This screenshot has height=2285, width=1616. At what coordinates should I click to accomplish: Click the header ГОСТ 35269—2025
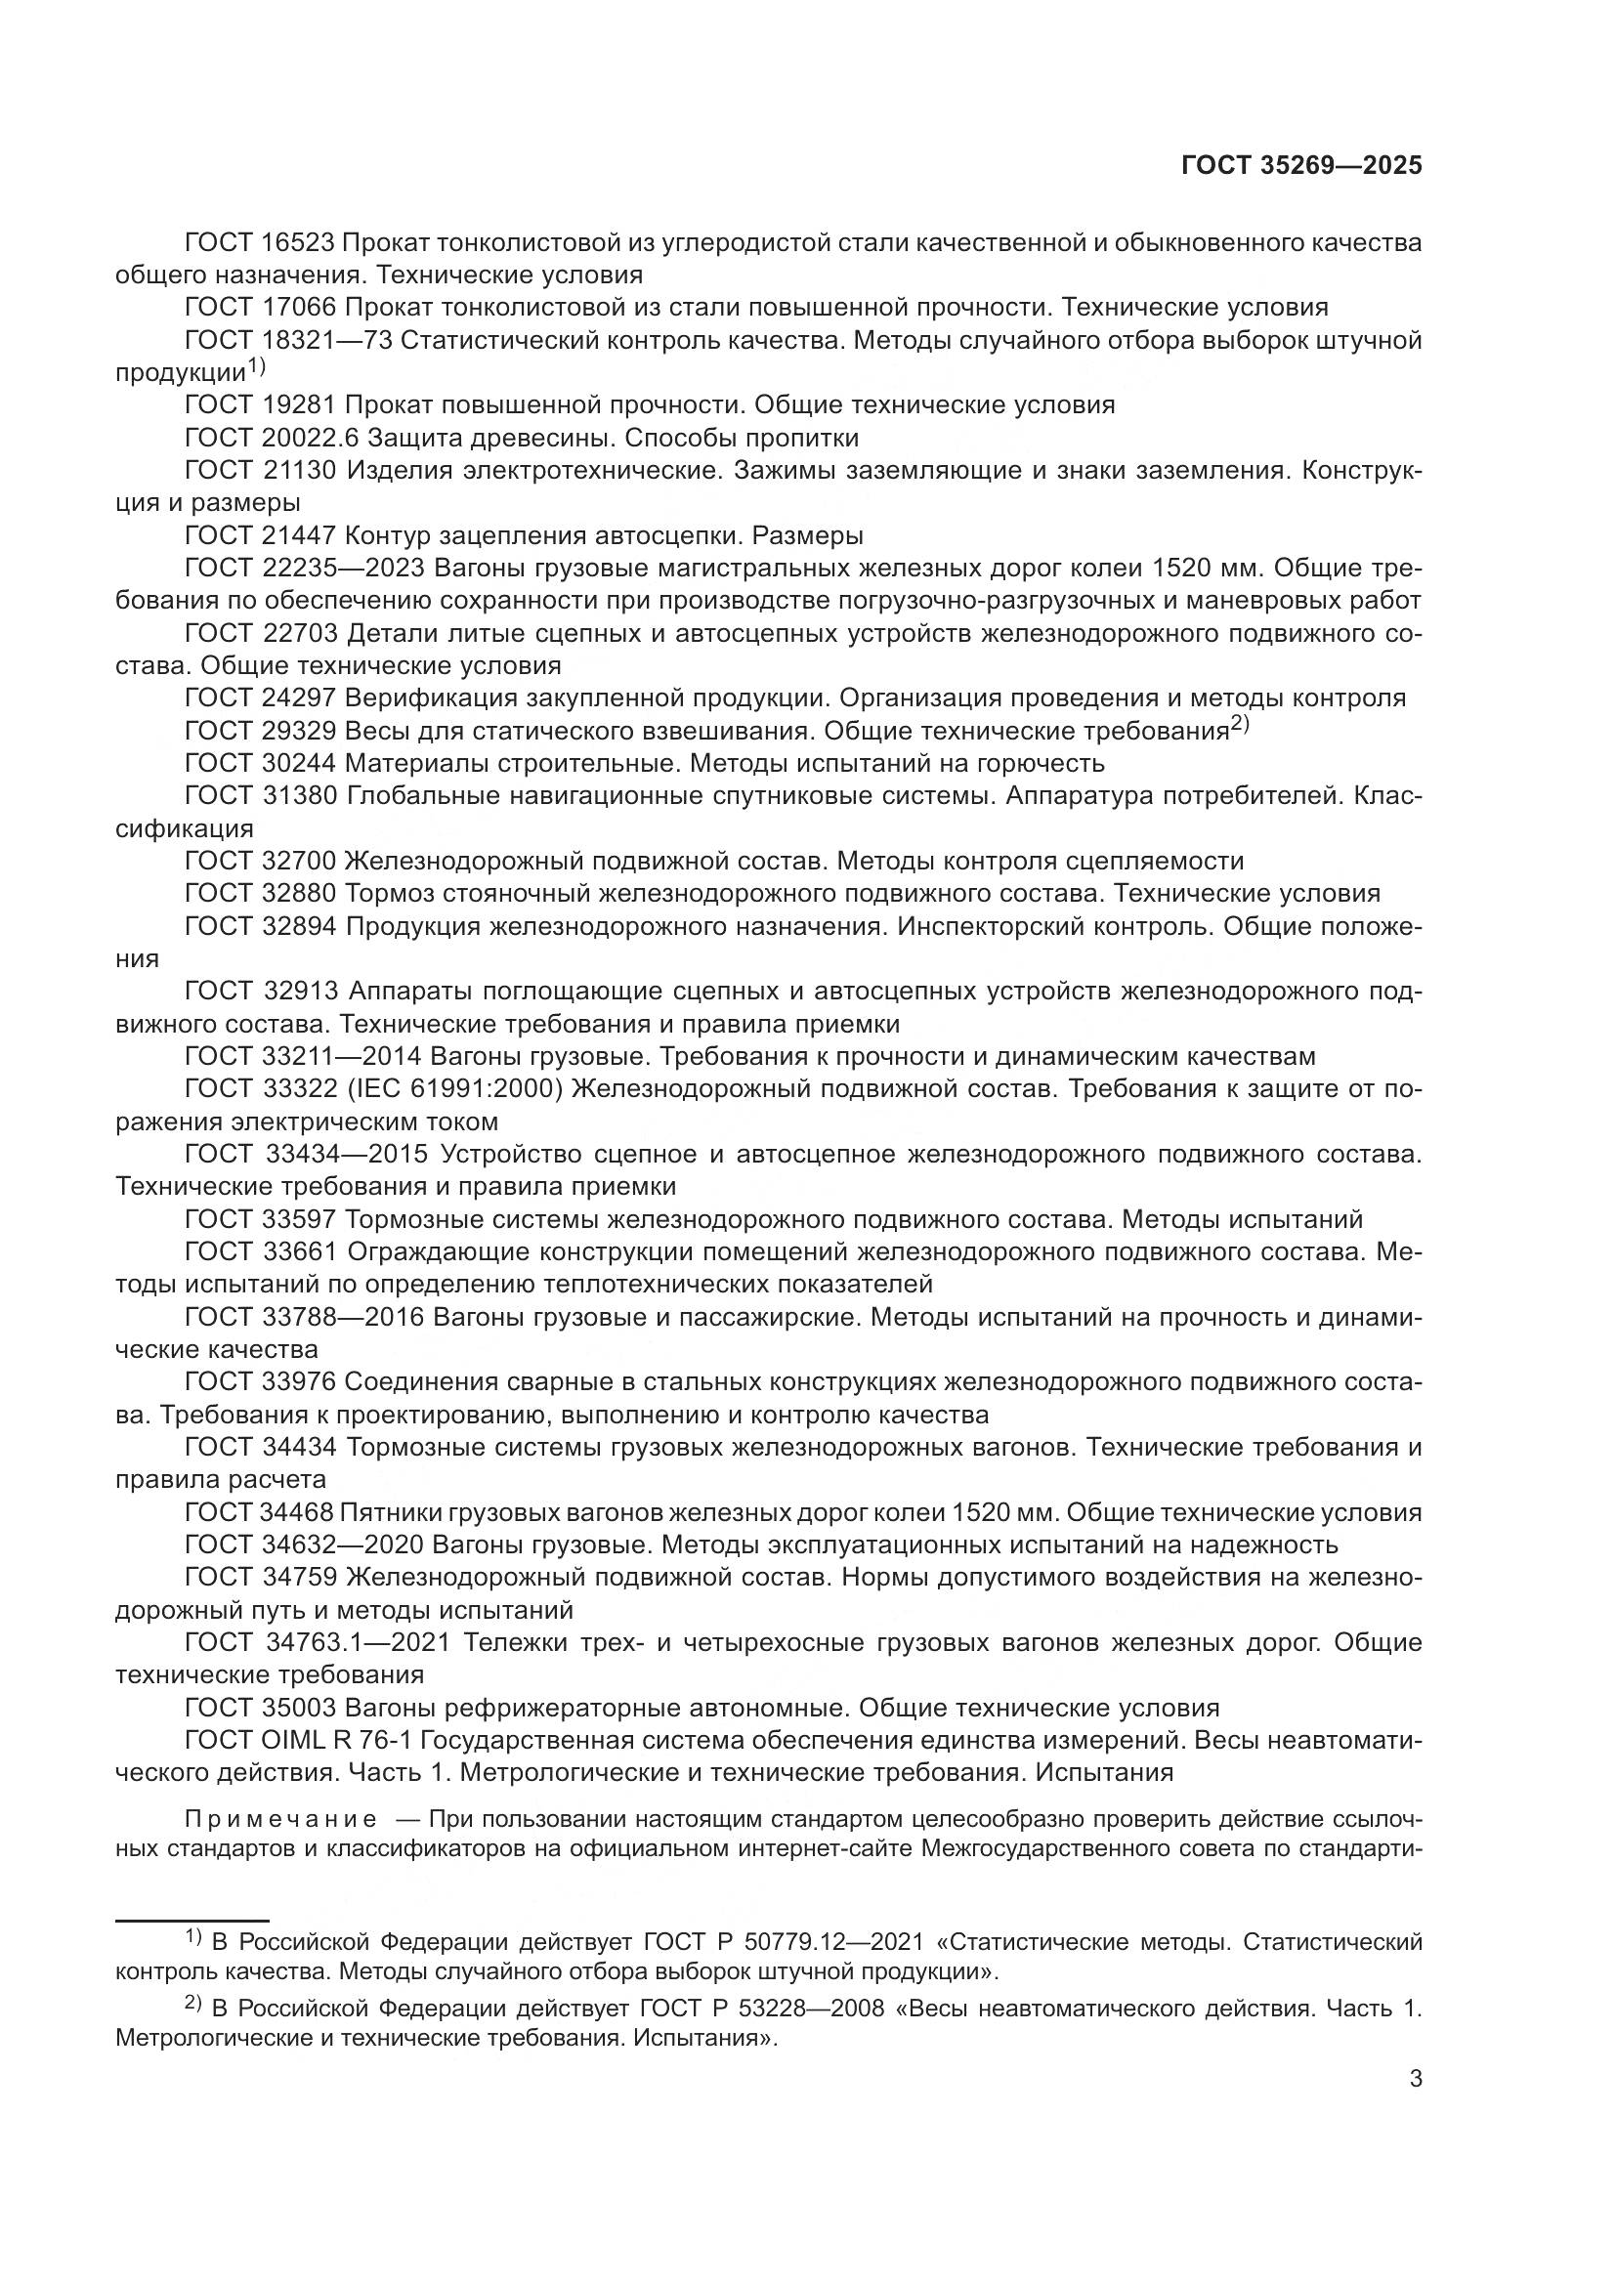coord(1301,166)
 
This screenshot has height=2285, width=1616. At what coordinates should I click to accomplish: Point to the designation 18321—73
coord(326,340)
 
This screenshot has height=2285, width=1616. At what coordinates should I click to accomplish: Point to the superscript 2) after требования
coord(1239,726)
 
